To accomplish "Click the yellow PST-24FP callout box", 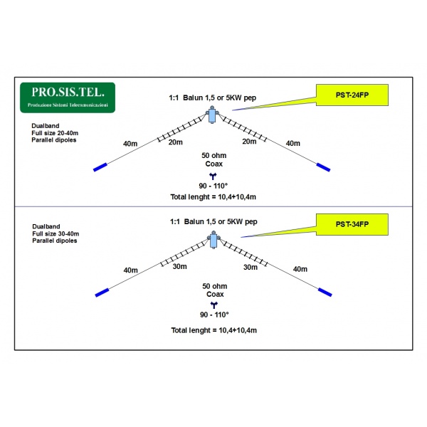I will [x=352, y=94].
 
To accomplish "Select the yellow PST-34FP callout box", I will [x=352, y=224].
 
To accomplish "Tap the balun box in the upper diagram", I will [x=212, y=116].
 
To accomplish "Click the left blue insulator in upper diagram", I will [x=100, y=168].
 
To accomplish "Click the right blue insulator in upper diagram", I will [x=324, y=168].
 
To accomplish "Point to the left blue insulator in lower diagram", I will [x=102, y=292].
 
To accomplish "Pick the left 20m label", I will [x=175, y=142].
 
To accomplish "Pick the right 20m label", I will [x=249, y=142].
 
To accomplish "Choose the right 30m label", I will [x=250, y=267].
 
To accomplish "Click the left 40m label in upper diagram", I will [x=130, y=144].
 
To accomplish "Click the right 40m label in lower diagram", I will [x=300, y=269].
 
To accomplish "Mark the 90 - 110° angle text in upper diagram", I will [x=212, y=185].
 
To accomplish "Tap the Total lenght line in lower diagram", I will [x=213, y=330].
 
